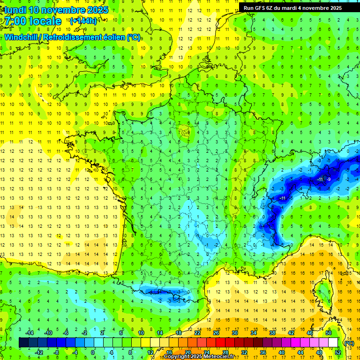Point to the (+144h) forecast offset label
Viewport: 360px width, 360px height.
[x=83, y=21]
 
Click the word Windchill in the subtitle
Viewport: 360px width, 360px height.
[x=21, y=37]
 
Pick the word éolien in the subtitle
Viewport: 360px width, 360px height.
[x=114, y=37]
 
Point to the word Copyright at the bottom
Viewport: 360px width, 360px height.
[x=179, y=357]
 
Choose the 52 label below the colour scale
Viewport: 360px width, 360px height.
[x=338, y=352]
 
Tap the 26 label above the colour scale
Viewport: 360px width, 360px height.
[x=216, y=333]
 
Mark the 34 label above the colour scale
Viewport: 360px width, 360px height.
[x=254, y=333]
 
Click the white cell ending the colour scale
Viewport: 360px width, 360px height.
[x=333, y=343]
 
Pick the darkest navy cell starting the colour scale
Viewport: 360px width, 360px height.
[x=24, y=343]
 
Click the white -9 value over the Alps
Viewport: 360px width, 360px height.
[x=329, y=180]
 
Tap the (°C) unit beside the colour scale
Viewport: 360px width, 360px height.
[x=349, y=343]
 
